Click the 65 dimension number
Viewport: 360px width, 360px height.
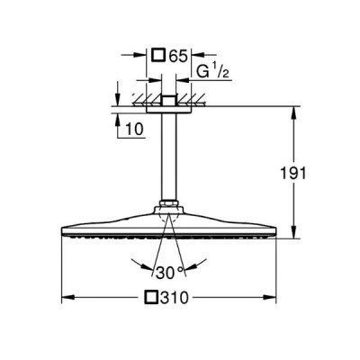[x=178, y=56]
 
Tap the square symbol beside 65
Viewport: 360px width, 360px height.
[x=158, y=56]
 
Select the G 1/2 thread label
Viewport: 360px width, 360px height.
[x=212, y=72]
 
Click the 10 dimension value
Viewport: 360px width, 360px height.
[x=134, y=129]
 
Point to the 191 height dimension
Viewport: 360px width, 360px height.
[x=293, y=174]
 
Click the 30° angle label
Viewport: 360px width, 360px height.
[x=169, y=273]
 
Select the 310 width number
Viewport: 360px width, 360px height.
[x=174, y=298]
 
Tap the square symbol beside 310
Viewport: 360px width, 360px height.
[x=151, y=297]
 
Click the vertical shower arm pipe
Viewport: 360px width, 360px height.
[x=168, y=157]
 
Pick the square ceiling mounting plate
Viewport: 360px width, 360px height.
[x=168, y=110]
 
